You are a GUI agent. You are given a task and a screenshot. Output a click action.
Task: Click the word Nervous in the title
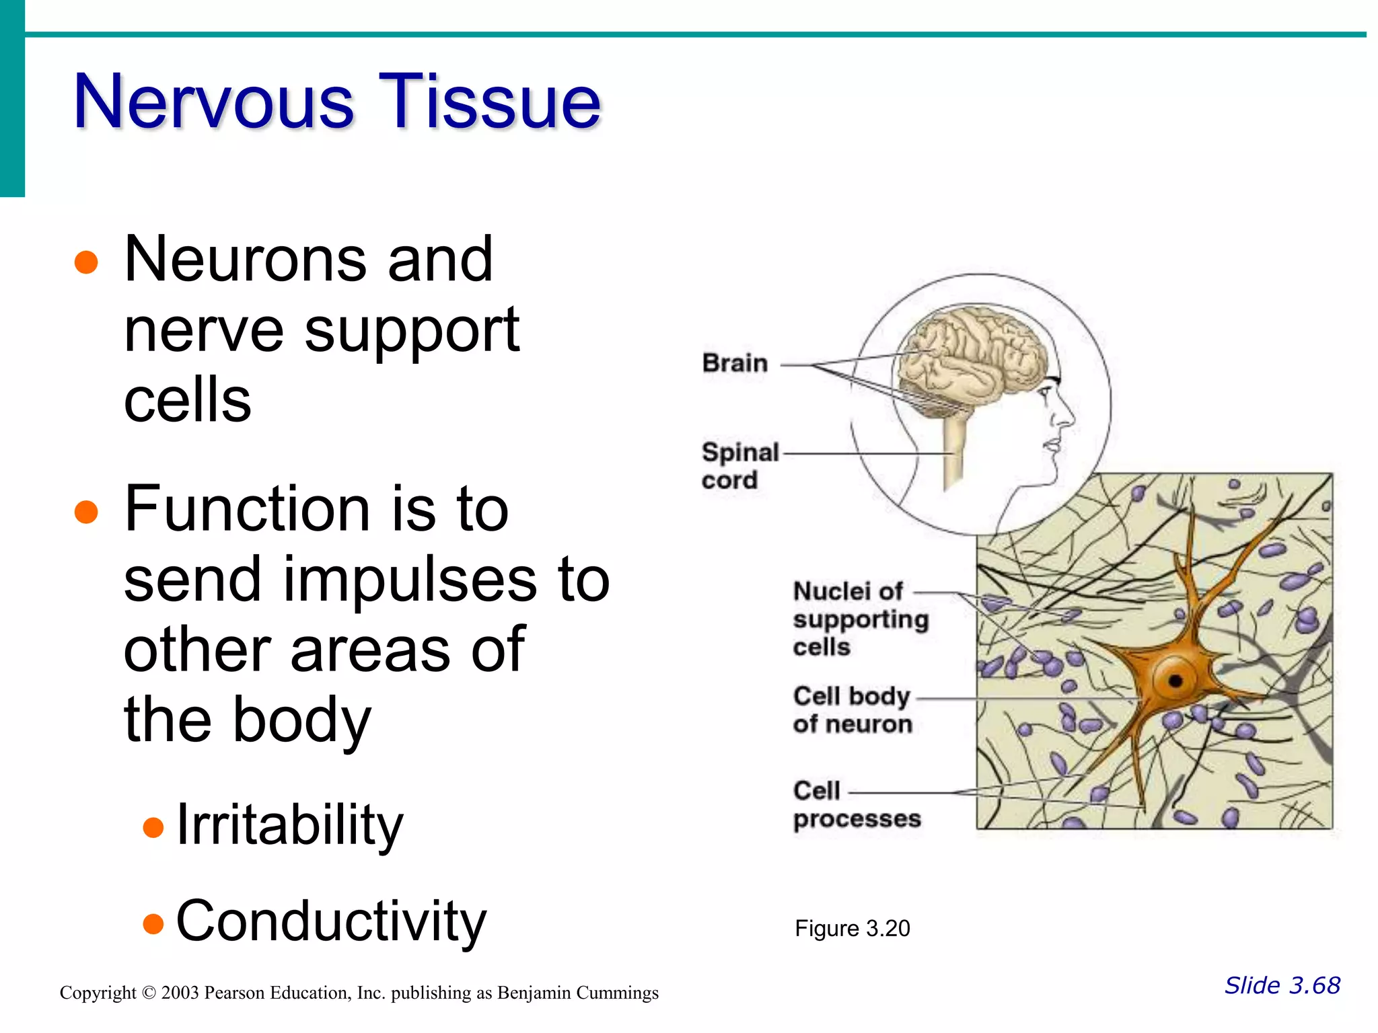213,102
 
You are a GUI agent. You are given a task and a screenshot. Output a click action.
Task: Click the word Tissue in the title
489,102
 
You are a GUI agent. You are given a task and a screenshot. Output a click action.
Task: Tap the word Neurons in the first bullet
246,260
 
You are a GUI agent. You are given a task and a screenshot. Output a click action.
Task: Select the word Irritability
289,825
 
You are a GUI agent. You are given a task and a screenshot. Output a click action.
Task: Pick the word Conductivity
330,922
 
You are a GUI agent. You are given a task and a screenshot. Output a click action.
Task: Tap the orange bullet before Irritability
153,827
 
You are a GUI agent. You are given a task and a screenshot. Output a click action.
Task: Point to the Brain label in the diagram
735,363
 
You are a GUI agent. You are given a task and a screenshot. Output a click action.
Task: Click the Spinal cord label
739,465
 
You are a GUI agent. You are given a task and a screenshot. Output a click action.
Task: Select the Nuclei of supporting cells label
859,619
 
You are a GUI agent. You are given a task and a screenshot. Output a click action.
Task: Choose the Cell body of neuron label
852,710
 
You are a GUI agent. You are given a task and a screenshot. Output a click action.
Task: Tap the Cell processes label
856,804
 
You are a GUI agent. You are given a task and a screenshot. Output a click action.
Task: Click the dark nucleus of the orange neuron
1175,681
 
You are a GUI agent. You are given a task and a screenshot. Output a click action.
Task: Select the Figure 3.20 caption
852,929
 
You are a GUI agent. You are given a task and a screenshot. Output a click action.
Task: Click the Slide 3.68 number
1282,985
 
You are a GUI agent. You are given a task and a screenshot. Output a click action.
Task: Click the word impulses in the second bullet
408,580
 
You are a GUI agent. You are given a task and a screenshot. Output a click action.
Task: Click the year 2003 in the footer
180,993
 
